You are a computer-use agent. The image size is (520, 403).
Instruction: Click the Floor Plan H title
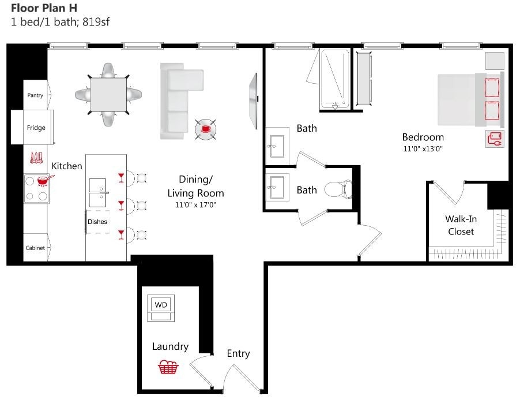(44, 8)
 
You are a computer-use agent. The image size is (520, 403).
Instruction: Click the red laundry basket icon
(168, 367)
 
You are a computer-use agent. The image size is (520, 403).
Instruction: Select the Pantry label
(35, 95)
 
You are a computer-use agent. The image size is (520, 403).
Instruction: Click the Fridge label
(36, 128)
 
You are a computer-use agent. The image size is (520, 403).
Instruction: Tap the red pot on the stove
(43, 180)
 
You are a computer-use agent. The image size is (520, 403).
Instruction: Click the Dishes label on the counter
(97, 222)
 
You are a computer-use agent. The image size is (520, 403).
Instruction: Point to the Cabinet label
(35, 248)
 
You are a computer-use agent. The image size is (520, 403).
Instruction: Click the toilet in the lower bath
(338, 189)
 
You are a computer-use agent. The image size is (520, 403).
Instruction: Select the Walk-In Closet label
(461, 225)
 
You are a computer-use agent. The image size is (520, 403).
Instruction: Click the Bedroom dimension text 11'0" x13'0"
(423, 149)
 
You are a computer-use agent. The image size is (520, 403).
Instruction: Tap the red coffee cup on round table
(206, 129)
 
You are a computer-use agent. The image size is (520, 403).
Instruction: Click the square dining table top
(109, 94)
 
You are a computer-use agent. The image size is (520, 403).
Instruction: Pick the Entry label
(238, 353)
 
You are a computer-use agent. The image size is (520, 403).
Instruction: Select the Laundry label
(170, 346)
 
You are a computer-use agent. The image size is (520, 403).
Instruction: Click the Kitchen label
(67, 166)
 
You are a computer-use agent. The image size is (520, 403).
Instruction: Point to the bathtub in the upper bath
(335, 79)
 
